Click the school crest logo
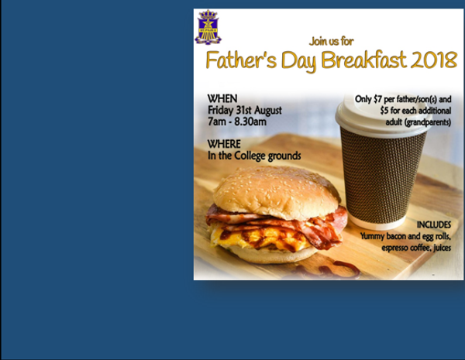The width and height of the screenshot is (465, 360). tap(208, 27)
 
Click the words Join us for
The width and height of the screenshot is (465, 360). tap(331, 41)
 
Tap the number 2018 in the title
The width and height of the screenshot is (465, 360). tap(433, 60)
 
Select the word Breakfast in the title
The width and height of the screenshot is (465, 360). tap(363, 60)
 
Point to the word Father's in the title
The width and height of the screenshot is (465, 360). tap(241, 60)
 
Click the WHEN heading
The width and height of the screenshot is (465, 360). tap(222, 98)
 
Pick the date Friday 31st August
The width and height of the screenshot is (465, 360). tap(245, 110)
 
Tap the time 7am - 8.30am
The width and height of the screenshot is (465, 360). tap(237, 122)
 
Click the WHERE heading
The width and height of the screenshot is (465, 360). tap(224, 144)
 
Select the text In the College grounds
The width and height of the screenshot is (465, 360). tap(254, 156)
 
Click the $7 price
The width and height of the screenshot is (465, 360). tap(377, 99)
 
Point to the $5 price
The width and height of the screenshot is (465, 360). tap(384, 111)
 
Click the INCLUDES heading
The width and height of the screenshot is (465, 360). tap(434, 225)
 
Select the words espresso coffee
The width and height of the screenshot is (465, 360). tap(406, 248)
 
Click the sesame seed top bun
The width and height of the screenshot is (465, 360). tap(277, 193)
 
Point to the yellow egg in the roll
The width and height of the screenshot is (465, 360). tap(261, 237)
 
